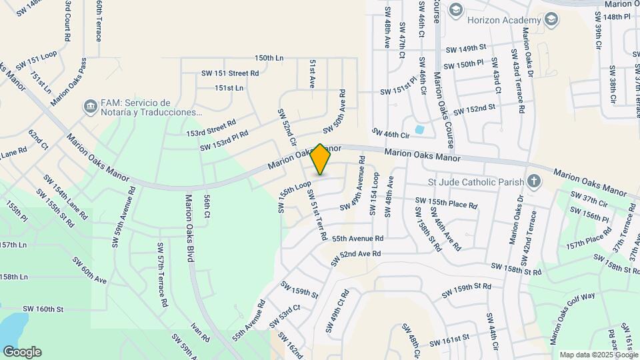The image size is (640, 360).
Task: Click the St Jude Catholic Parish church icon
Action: (533, 181)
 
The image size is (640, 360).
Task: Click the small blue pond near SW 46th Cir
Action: (419, 129)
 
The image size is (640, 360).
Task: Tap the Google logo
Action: (22, 351)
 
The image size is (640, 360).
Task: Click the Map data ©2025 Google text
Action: (597, 355)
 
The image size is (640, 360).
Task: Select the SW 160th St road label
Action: (43, 309)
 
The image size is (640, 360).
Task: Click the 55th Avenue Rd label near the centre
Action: (357, 238)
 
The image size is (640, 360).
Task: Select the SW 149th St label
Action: (466, 48)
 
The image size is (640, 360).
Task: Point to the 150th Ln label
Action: (269, 58)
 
